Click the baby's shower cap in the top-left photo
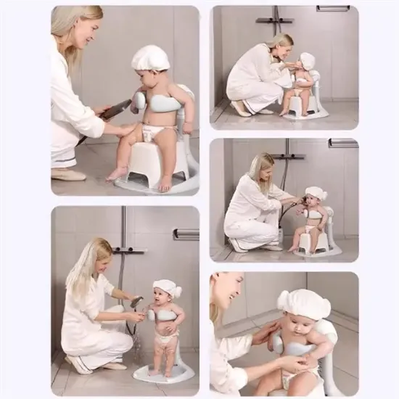150,58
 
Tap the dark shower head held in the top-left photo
116,110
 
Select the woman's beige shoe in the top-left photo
68,174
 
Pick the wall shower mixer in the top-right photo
276,20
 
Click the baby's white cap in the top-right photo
308,61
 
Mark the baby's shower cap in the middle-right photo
316,194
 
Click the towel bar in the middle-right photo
342,143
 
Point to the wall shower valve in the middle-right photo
288,155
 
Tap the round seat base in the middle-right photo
319,250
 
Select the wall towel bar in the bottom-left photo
186,234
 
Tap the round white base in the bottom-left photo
164,373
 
